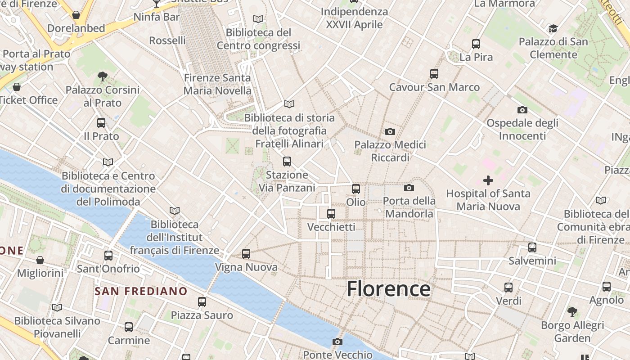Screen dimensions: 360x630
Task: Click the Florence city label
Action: coord(388,288)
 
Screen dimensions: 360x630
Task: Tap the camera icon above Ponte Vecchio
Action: coord(337,342)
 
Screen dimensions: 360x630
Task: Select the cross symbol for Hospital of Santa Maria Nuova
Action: coord(488,180)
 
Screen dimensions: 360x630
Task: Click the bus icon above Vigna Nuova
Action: coord(246,254)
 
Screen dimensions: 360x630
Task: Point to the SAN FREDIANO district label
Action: coord(141,291)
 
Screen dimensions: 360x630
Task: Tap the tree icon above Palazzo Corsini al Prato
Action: coord(103,76)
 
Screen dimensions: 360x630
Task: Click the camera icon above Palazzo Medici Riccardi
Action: coord(390,131)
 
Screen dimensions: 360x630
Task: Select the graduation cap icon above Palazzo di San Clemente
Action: coord(553,29)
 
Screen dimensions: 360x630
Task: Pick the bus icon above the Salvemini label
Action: coord(532,247)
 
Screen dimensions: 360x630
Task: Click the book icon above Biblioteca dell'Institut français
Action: coord(175,211)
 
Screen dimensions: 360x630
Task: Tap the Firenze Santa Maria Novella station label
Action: coord(217,84)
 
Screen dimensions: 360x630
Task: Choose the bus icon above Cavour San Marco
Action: coord(434,73)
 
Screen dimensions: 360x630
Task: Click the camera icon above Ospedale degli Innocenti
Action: coord(522,110)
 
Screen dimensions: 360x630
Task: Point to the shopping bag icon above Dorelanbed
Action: coord(76,15)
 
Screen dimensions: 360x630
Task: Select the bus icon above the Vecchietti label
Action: coord(331,213)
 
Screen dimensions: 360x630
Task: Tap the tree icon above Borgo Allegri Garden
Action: coord(572,311)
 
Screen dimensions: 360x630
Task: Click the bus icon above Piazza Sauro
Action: coord(202,301)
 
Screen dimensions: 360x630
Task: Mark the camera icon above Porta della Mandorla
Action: coord(409,188)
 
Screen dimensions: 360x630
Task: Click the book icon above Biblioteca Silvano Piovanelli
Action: coord(57,308)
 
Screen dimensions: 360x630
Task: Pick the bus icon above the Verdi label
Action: coord(508,287)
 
